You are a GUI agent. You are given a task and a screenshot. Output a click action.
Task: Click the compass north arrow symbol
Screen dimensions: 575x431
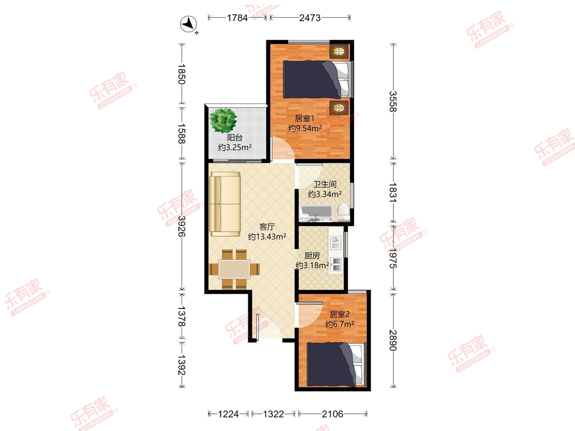click(189, 24)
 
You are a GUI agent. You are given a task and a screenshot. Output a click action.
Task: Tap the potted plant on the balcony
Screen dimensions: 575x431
click(223, 120)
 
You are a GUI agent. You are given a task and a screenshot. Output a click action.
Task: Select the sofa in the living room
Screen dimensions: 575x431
click(225, 204)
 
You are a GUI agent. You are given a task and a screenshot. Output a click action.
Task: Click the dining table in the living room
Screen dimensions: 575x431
click(234, 269)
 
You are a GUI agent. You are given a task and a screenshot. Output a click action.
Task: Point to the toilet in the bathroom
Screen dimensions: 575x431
click(343, 212)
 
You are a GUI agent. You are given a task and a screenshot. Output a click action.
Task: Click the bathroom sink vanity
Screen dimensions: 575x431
click(317, 214)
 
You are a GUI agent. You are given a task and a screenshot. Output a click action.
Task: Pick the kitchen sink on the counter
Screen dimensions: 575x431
click(335, 242)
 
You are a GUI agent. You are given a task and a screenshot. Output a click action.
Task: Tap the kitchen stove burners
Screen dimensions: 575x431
click(336, 264)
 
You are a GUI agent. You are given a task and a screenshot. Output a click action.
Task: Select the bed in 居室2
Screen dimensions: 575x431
click(336, 364)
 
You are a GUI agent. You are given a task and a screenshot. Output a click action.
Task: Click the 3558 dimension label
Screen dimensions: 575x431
click(393, 101)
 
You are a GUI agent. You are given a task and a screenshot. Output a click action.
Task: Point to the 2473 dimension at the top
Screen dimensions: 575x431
click(310, 18)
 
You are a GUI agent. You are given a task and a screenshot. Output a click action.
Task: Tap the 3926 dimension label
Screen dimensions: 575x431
click(182, 226)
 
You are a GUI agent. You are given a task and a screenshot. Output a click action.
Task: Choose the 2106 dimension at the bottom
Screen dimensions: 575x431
click(333, 414)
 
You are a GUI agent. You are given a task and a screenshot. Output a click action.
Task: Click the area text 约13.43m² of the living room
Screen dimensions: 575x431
click(267, 237)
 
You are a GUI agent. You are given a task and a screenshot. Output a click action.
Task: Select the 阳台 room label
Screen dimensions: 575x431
click(235, 137)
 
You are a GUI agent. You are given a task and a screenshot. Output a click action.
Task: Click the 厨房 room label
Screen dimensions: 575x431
click(312, 255)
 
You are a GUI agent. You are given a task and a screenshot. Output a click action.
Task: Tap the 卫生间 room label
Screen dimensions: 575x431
click(325, 184)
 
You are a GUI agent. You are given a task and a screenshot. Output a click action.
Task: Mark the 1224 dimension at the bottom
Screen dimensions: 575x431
click(228, 414)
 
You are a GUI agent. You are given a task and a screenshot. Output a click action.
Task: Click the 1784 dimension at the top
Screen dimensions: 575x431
click(237, 18)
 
